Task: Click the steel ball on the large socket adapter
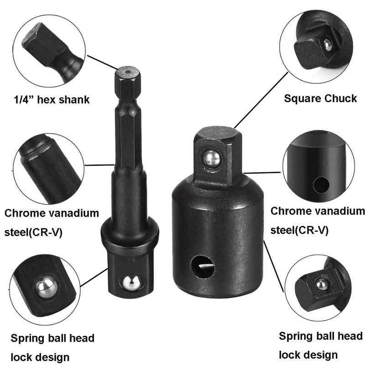pos(212,158)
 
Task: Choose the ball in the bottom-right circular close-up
pos(321,284)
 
